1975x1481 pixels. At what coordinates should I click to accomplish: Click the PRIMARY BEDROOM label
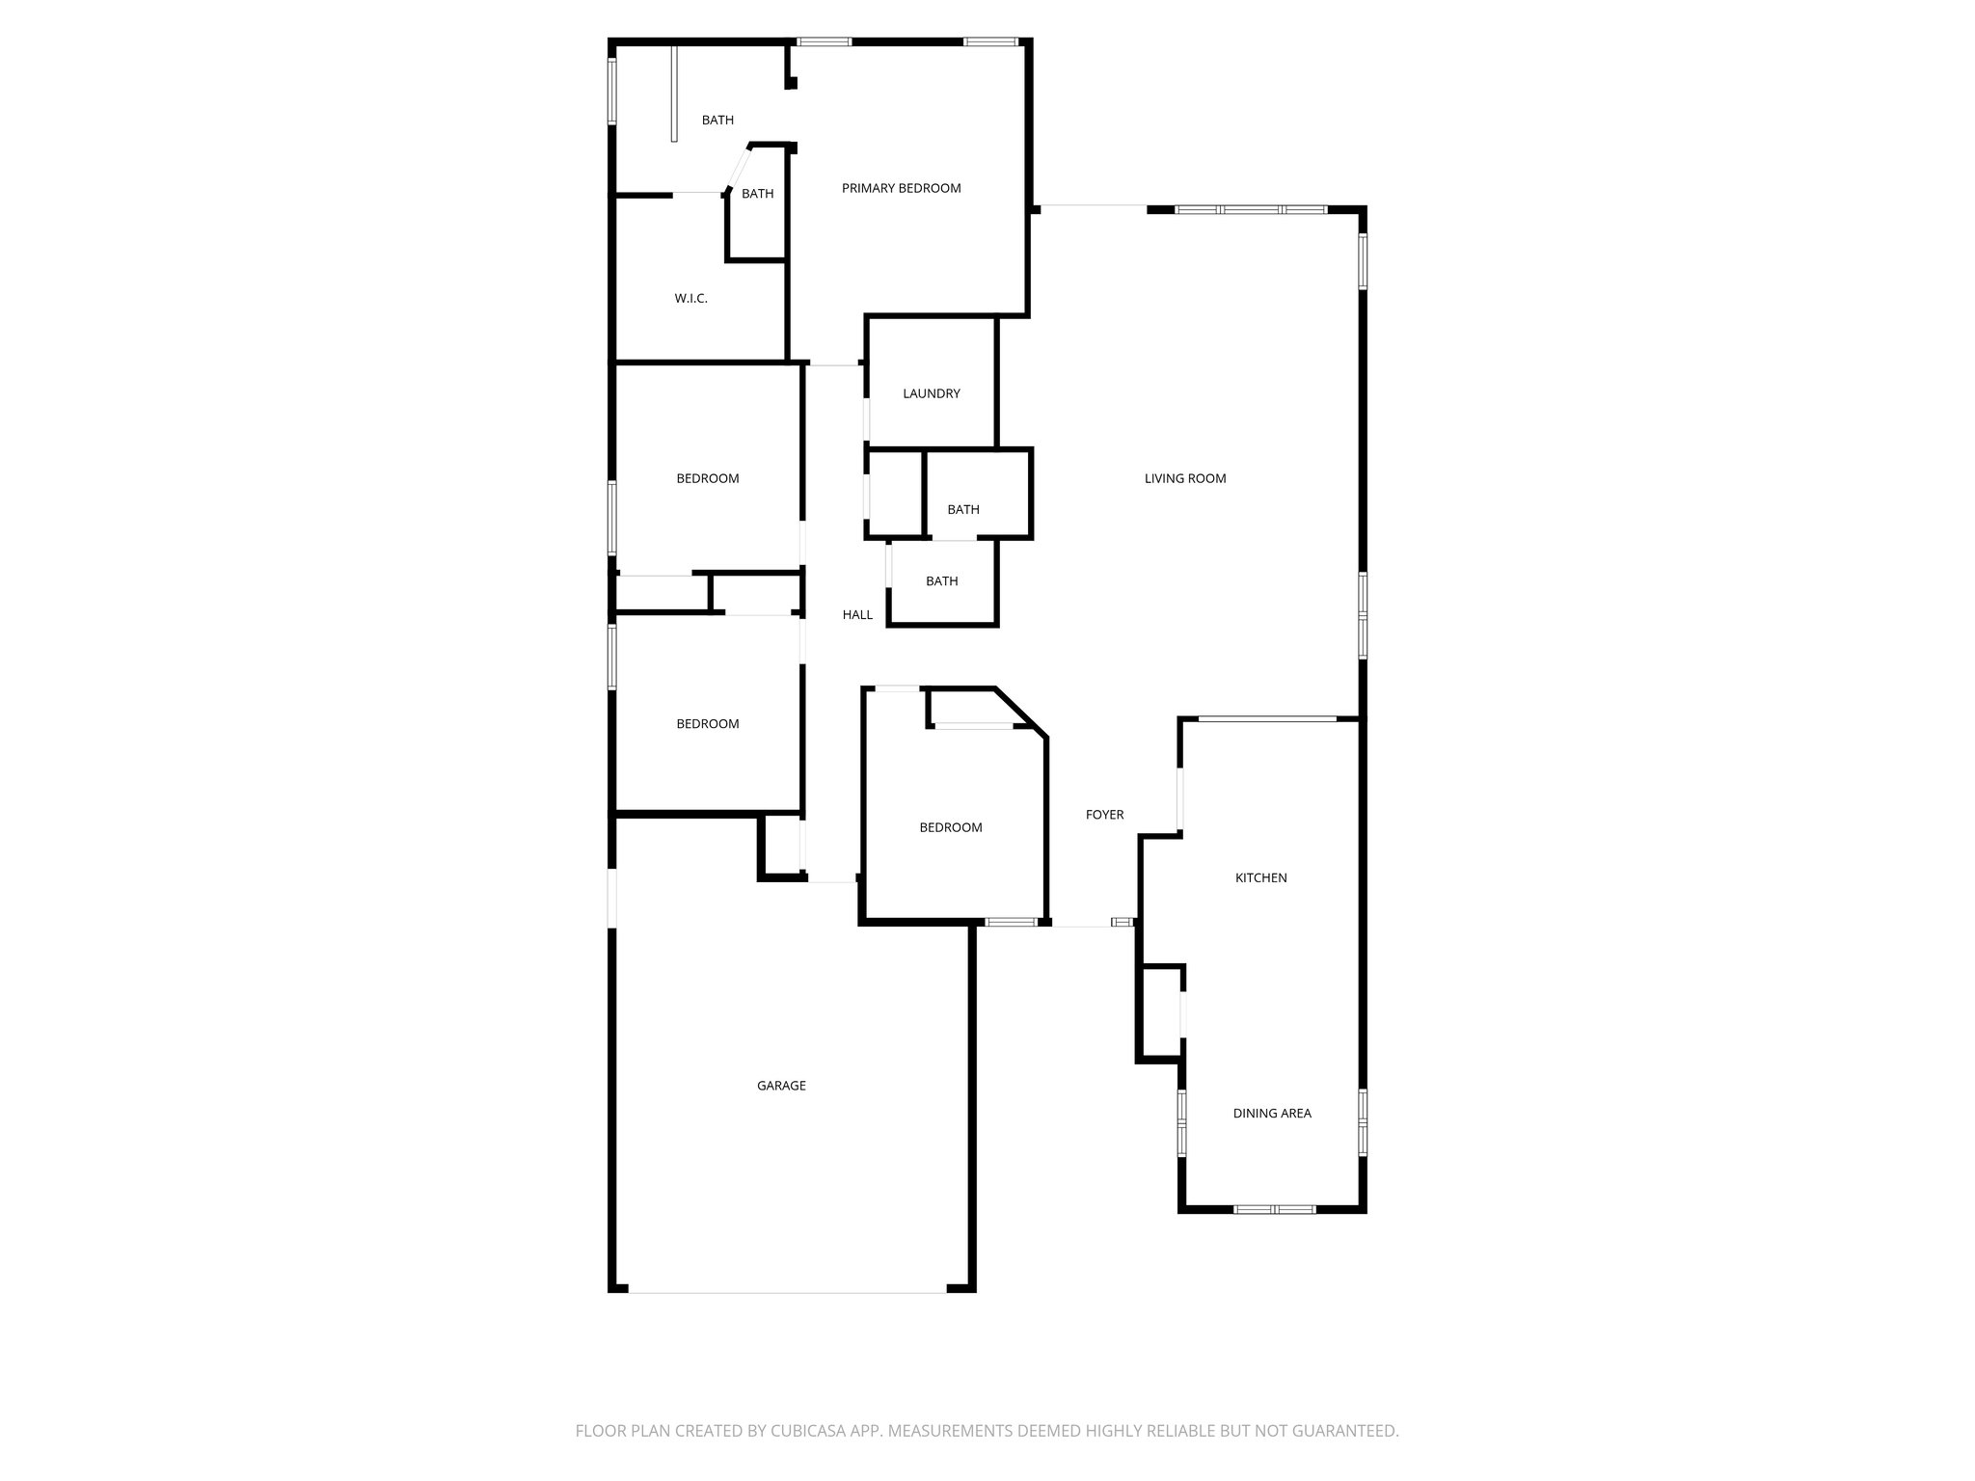[x=901, y=188]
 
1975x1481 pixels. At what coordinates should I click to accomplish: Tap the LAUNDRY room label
[x=931, y=393]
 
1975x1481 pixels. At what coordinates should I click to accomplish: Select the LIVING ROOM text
[x=1184, y=478]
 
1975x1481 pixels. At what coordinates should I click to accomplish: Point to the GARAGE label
[x=780, y=1086]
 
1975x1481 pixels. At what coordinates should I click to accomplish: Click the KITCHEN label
[x=1260, y=877]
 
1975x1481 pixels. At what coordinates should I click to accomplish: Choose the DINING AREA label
[x=1271, y=1113]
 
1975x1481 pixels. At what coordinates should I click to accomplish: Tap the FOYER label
[x=1104, y=815]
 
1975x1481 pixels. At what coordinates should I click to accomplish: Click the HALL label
[x=857, y=614]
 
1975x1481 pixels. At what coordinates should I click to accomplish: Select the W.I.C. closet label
[x=690, y=299]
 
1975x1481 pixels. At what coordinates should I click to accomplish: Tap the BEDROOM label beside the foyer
[x=950, y=827]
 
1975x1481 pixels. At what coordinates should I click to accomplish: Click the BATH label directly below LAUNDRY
[x=962, y=509]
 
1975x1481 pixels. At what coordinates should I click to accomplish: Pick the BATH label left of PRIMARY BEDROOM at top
[x=717, y=121]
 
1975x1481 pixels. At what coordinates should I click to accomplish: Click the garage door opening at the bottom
[x=787, y=1292]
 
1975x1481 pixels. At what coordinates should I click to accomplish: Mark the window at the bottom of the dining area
[x=1274, y=1209]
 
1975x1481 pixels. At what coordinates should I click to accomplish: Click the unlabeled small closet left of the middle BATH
[x=896, y=493]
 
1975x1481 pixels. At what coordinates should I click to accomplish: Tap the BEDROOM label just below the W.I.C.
[x=707, y=478]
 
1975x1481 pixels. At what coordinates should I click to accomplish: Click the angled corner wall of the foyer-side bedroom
[x=1020, y=714]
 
